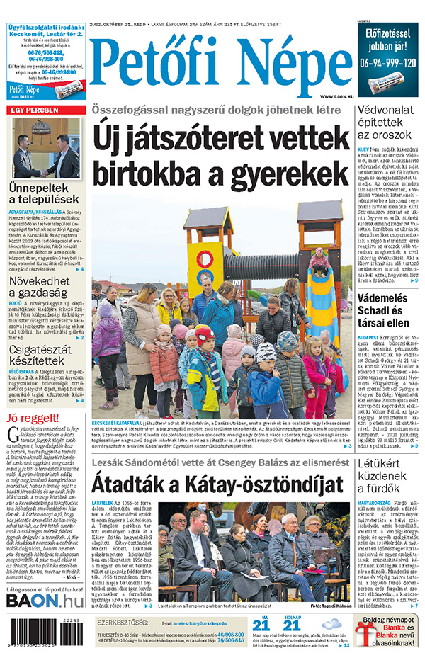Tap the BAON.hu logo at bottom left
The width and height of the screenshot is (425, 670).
pyautogui.click(x=45, y=601)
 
